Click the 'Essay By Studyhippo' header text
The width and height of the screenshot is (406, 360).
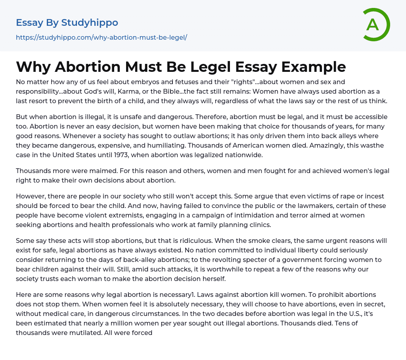pyautogui.click(x=67, y=23)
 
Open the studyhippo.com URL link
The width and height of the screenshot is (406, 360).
pyautogui.click(x=101, y=37)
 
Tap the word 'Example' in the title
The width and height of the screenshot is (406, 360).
pyautogui.click(x=314, y=67)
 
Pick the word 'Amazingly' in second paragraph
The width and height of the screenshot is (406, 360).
pyautogui.click(x=334, y=145)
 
